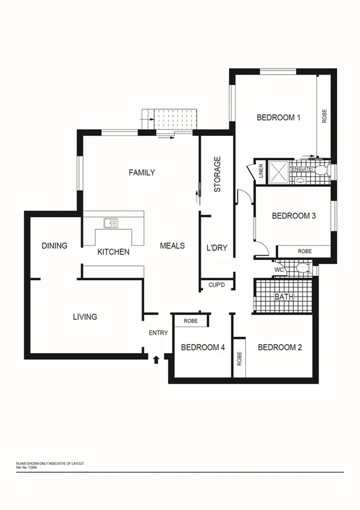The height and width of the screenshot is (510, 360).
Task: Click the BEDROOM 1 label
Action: (278, 118)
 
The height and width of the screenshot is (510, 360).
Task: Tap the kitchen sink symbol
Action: (111, 223)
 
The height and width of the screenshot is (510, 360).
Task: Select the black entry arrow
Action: (156, 360)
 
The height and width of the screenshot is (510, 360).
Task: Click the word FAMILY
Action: (142, 173)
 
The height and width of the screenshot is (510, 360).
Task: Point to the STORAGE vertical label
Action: (218, 174)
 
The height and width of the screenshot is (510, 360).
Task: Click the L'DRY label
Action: (216, 247)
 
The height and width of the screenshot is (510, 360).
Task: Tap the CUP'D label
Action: (216, 284)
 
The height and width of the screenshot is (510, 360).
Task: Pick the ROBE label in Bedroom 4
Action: (191, 321)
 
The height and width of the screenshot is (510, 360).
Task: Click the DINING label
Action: (54, 246)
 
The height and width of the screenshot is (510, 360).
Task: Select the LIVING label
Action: (85, 317)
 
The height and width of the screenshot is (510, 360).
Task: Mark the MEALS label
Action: (172, 246)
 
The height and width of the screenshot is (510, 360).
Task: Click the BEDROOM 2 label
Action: (279, 348)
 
